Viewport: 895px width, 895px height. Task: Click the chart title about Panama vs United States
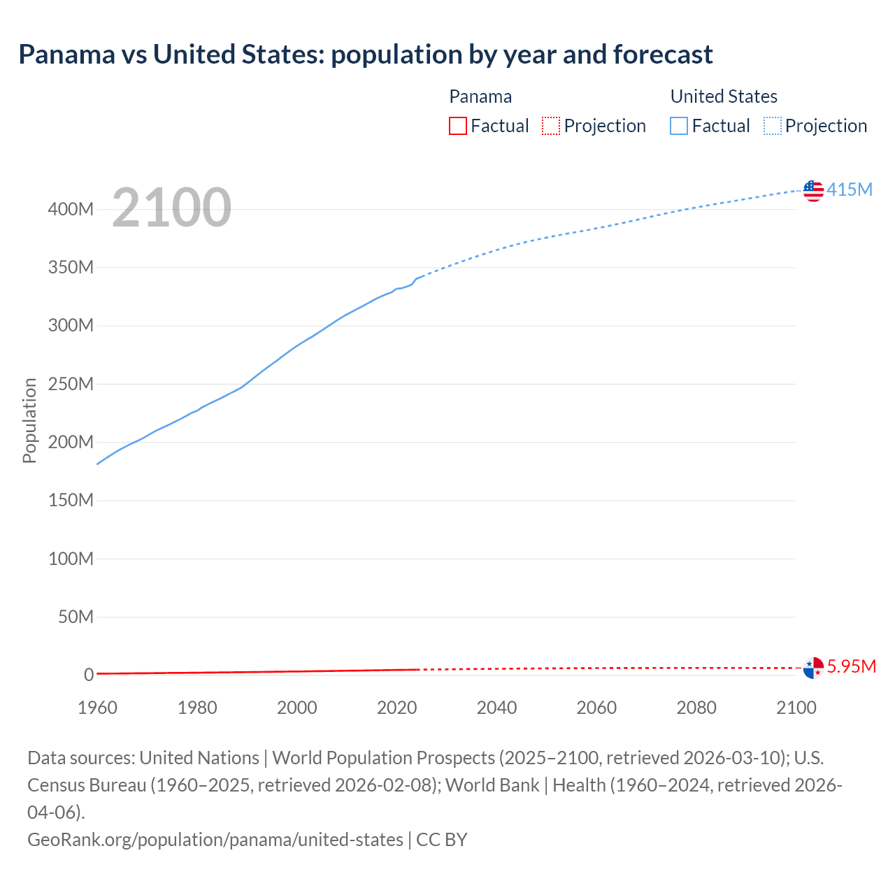(366, 55)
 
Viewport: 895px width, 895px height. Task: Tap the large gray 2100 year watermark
(171, 208)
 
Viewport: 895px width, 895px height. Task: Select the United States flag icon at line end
(813, 190)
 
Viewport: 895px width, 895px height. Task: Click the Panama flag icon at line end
(813, 668)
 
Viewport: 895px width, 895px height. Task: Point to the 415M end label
(850, 189)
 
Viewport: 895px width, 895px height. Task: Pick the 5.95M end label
(851, 666)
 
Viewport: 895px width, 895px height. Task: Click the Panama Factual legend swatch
(457, 126)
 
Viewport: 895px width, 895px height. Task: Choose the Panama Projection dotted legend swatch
(551, 126)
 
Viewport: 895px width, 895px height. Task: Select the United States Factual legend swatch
(678, 126)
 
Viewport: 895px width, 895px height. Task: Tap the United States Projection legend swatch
(773, 126)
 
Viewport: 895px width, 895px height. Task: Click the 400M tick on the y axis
(71, 209)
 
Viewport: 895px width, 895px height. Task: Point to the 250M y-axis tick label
(71, 384)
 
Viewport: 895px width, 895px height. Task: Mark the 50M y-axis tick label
(76, 617)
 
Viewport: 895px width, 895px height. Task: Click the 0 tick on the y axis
(89, 675)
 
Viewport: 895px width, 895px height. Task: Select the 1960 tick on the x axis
(97, 708)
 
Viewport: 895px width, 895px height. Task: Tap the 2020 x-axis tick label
(396, 708)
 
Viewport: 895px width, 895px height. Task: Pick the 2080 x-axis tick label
(696, 708)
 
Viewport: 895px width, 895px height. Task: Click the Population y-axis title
(29, 420)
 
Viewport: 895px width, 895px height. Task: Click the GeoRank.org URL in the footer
(215, 839)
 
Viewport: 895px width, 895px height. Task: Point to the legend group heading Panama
(480, 96)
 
